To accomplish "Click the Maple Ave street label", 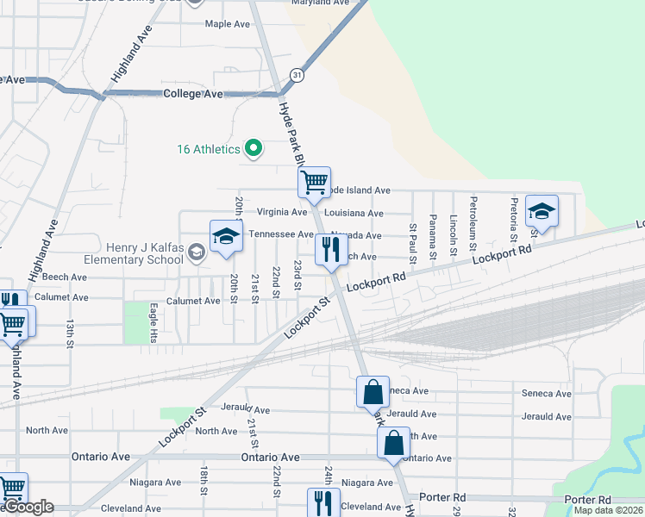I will click(227, 24).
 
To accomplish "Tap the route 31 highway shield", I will click(296, 75).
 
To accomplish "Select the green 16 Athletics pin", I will click(254, 149).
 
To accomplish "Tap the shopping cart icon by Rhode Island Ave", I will click(314, 182).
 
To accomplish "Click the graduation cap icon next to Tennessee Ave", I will click(225, 237).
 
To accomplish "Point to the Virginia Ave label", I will click(282, 212).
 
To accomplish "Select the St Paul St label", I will click(413, 244).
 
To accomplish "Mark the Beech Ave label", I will click(65, 277).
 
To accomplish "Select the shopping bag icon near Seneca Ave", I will click(373, 392).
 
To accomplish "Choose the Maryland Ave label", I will click(319, 3).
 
